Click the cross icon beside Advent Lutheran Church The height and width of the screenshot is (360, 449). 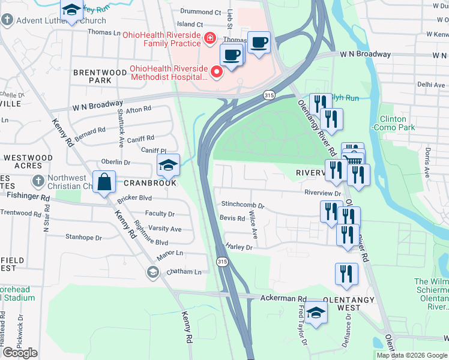[x=7, y=21]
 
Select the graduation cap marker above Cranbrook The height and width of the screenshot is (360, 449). [x=169, y=164]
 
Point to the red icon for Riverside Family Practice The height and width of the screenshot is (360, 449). [x=209, y=40]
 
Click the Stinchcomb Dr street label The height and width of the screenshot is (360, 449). [x=243, y=205]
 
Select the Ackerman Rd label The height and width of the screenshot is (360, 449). [x=283, y=298]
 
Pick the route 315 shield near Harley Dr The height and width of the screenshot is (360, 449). [x=223, y=262]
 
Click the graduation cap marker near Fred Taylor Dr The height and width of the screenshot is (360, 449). [x=316, y=312]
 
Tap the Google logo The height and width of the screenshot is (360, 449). [x=20, y=352]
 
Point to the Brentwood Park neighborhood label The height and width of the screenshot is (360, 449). [x=92, y=76]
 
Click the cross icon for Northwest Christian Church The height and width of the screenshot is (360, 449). [x=37, y=181]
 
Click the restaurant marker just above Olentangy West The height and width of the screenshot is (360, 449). [x=346, y=274]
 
